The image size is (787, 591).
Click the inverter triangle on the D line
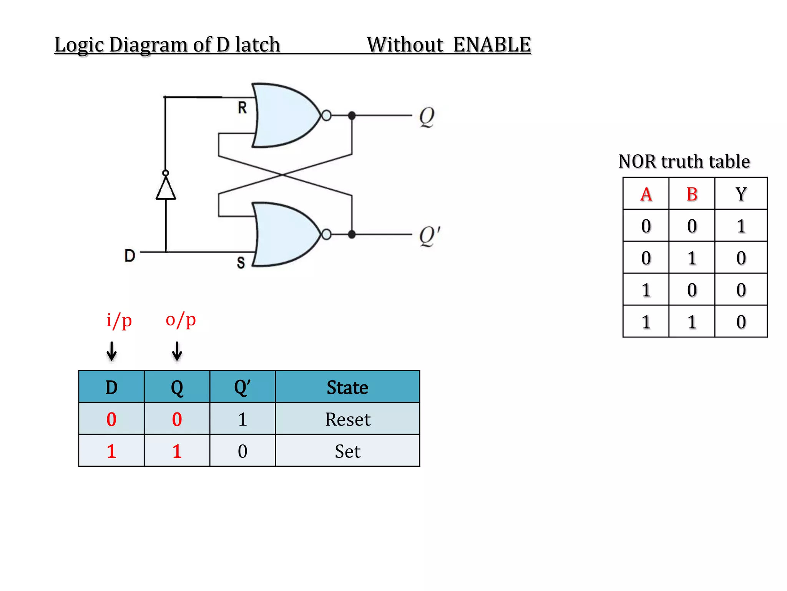(166, 189)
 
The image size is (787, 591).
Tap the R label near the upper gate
(242, 108)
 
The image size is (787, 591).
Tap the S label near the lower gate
(241, 263)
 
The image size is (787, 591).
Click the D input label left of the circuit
(130, 255)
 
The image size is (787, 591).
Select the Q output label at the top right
(427, 117)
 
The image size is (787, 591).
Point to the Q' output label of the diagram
(429, 235)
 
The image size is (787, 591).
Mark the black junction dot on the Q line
(352, 115)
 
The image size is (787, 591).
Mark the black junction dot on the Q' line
(352, 234)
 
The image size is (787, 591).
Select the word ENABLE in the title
(492, 45)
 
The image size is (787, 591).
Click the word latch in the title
(257, 45)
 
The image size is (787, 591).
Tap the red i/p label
(119, 320)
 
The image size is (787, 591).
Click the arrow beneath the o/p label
(177, 351)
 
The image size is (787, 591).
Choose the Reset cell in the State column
(347, 419)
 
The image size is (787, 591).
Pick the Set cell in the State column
(347, 451)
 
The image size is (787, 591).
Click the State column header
(347, 387)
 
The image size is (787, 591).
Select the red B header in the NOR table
(692, 194)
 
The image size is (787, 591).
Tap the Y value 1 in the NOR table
(741, 226)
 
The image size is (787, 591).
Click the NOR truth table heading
(684, 161)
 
